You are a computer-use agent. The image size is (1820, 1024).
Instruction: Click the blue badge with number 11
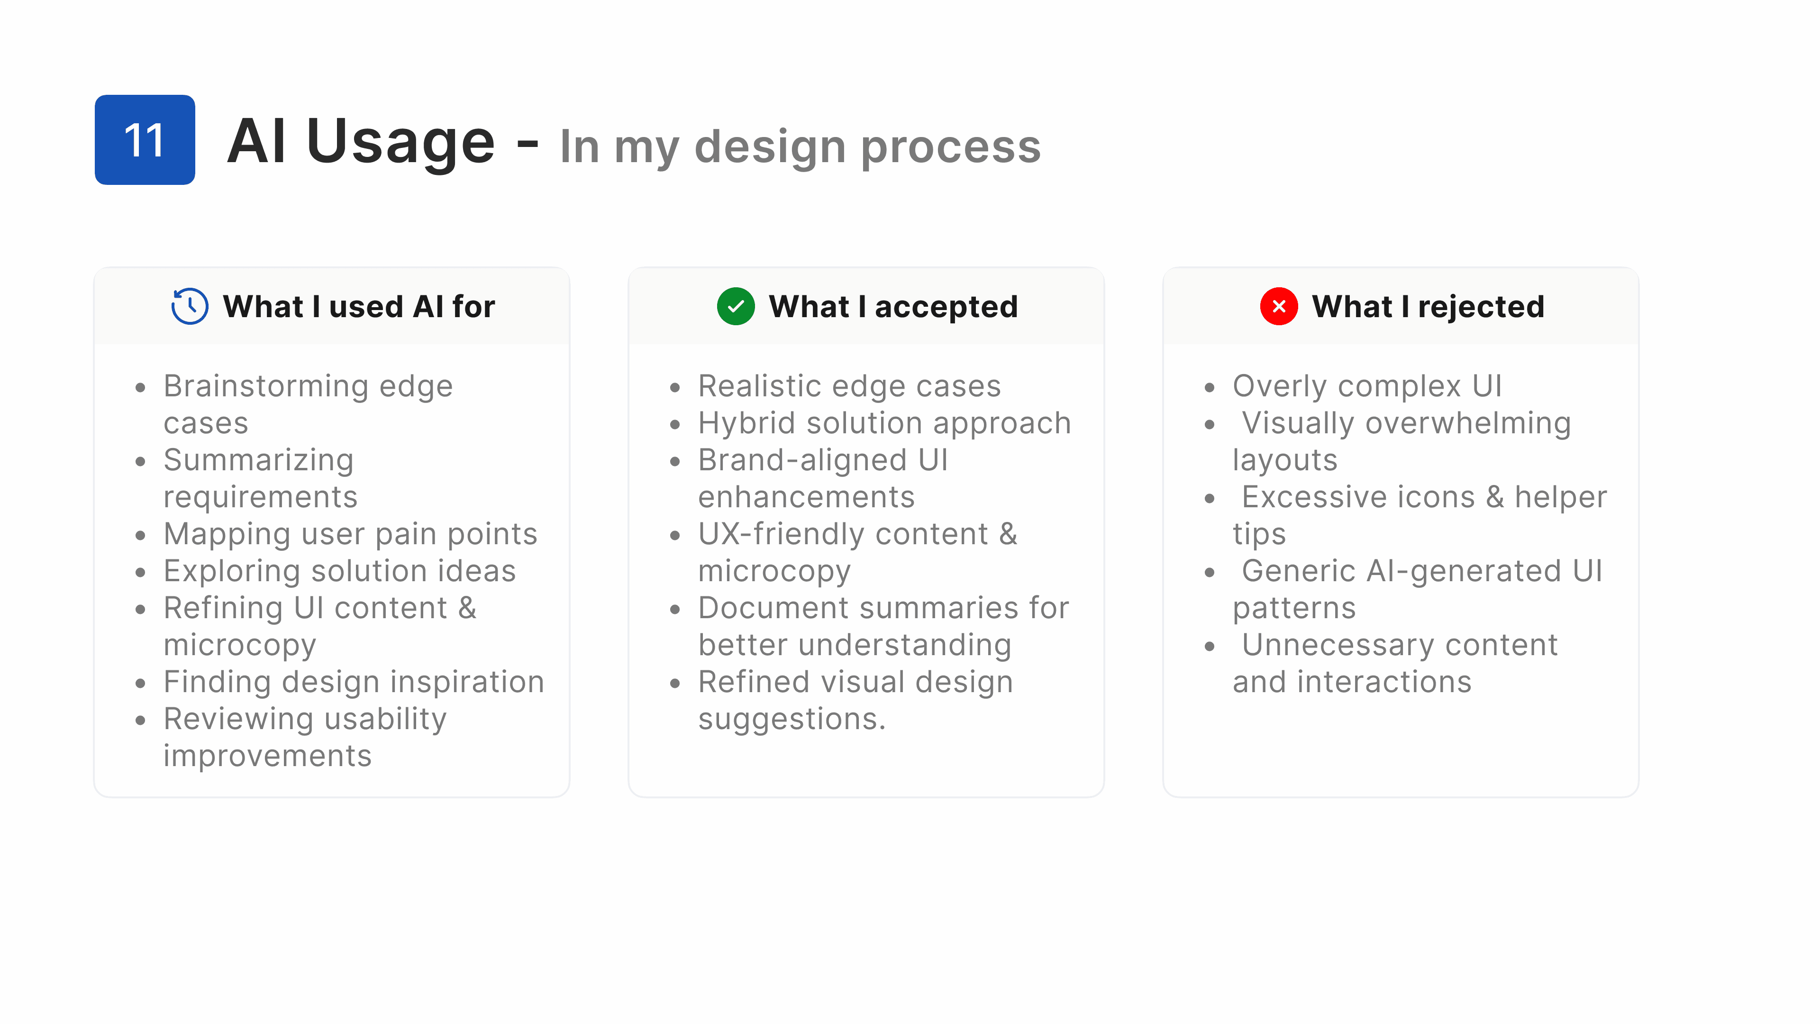[x=145, y=140]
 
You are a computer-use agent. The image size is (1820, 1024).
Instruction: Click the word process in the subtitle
[x=951, y=148]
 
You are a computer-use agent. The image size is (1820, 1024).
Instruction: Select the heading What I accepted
[x=893, y=307]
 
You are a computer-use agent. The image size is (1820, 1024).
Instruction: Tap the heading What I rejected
[x=1428, y=307]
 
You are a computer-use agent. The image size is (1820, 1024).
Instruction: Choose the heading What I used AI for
[x=359, y=307]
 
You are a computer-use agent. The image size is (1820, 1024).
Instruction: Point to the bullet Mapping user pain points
[x=350, y=535]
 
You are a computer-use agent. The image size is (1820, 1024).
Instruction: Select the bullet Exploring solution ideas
[x=340, y=571]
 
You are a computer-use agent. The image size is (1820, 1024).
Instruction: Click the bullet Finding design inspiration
[x=354, y=683]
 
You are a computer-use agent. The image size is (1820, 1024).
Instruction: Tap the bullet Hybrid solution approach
[x=884, y=424]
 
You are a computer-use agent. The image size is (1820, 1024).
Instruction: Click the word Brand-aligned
[x=802, y=461]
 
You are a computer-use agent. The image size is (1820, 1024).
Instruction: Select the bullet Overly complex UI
[x=1367, y=386]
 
